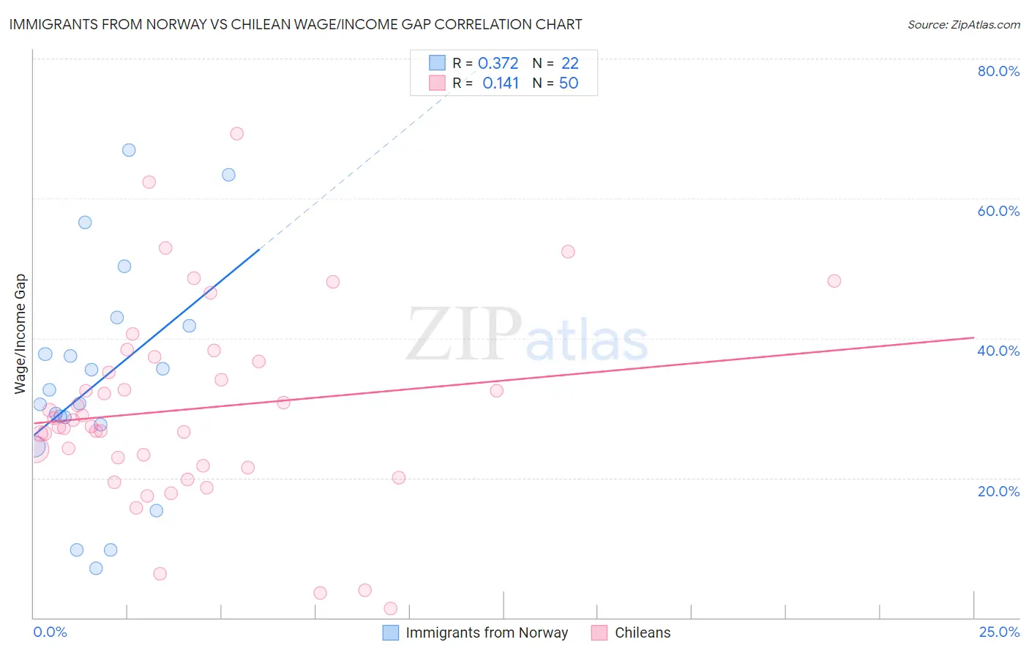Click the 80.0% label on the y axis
tap(998, 71)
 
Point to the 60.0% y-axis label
tap(998, 211)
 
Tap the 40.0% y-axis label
tap(998, 351)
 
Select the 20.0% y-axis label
tap(998, 490)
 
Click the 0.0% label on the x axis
tap(50, 632)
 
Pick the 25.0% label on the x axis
tap(999, 632)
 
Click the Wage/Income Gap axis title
tap(20, 334)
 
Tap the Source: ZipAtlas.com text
tap(963, 25)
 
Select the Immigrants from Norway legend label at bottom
tap(487, 633)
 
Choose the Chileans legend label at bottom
tap(643, 633)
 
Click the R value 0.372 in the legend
tap(498, 64)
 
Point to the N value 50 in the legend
tap(569, 83)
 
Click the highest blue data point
tap(129, 150)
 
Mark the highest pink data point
tap(236, 133)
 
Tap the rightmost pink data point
tap(834, 281)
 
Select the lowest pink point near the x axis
tap(390, 608)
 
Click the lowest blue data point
tap(96, 568)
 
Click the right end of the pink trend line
tap(973, 337)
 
